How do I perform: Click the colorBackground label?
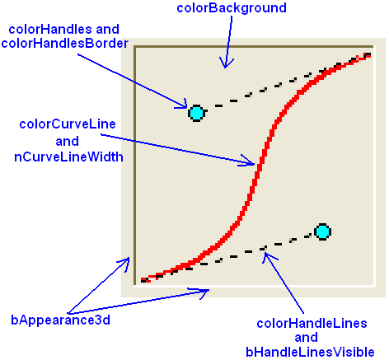[x=232, y=8]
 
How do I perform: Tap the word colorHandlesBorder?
[x=65, y=44]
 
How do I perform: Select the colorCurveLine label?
[x=68, y=124]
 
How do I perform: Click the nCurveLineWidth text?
[x=68, y=157]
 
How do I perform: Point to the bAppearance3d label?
[x=60, y=320]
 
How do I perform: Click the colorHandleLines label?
[x=312, y=324]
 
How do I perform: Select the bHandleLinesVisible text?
[x=310, y=352]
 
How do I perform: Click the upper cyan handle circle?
[x=197, y=113]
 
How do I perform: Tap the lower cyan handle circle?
[x=322, y=231]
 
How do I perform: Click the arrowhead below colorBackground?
[x=225, y=63]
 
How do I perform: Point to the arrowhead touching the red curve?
[x=250, y=161]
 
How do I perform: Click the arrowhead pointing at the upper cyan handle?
[x=182, y=105]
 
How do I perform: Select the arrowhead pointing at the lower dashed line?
[x=268, y=257]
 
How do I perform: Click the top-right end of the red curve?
[x=369, y=54]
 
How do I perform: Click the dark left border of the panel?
[x=135, y=166]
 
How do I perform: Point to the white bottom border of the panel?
[x=255, y=286]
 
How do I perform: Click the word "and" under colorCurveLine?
[x=68, y=141]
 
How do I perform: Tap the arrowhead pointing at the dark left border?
[x=124, y=263]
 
